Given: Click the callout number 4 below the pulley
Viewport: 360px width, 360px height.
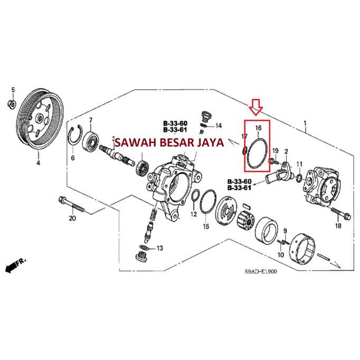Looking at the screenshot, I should [37, 163].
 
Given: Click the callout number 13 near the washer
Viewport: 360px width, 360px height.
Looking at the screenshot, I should [159, 248].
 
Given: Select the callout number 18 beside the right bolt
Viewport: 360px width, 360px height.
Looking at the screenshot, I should [338, 226].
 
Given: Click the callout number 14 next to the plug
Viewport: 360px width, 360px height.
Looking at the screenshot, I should [219, 126].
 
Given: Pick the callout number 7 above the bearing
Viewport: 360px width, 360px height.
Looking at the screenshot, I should [91, 120].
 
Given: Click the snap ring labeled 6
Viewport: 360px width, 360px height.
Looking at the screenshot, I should [77, 138].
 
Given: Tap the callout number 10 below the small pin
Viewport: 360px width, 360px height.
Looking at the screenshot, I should [281, 255].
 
